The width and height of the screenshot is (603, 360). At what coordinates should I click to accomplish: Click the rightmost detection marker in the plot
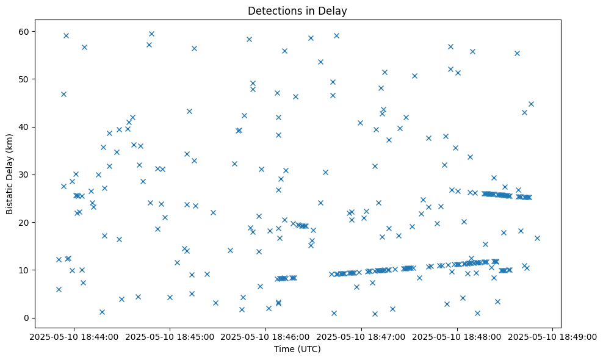coord(537,238)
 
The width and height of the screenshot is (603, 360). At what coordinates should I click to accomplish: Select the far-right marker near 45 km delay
coord(531,104)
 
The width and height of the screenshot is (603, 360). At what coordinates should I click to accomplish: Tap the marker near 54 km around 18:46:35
coord(320,62)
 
